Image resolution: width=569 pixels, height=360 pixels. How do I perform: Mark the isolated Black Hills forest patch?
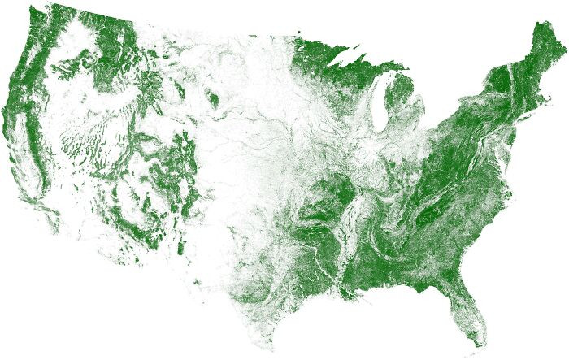tap(214, 101)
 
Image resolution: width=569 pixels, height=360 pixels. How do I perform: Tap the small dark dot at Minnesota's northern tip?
tap(298, 32)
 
